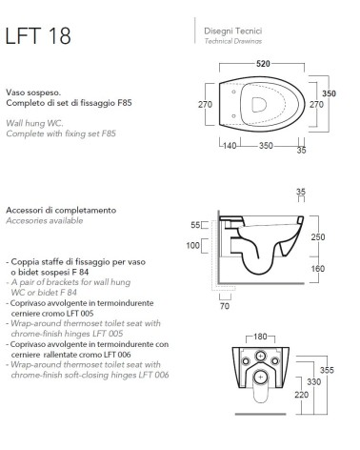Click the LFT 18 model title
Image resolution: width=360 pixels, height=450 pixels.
38,35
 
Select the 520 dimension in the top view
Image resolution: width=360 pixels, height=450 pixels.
263,64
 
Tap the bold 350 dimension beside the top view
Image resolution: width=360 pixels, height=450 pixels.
329,93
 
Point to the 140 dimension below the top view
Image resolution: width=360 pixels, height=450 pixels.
230,146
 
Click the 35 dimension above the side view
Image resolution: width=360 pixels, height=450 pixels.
301,192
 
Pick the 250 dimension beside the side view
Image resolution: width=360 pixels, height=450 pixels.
318,236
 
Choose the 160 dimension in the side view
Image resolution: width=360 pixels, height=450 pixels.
318,269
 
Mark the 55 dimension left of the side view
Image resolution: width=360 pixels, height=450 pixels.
195,225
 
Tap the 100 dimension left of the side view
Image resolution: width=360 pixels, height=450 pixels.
192,245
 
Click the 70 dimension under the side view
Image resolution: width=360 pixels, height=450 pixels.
225,306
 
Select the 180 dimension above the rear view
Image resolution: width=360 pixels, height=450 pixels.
260,337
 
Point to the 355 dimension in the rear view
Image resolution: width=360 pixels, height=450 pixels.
327,370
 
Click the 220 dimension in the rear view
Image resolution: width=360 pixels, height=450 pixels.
301,395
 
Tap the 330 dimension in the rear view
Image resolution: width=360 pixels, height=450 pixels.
314,381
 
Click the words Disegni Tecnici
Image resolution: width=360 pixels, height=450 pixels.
233,31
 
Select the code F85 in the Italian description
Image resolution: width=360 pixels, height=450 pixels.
124,103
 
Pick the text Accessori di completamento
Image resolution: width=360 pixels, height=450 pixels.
61,210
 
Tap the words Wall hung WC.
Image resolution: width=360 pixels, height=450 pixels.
34,123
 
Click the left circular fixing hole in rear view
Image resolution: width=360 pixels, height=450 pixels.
246,360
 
